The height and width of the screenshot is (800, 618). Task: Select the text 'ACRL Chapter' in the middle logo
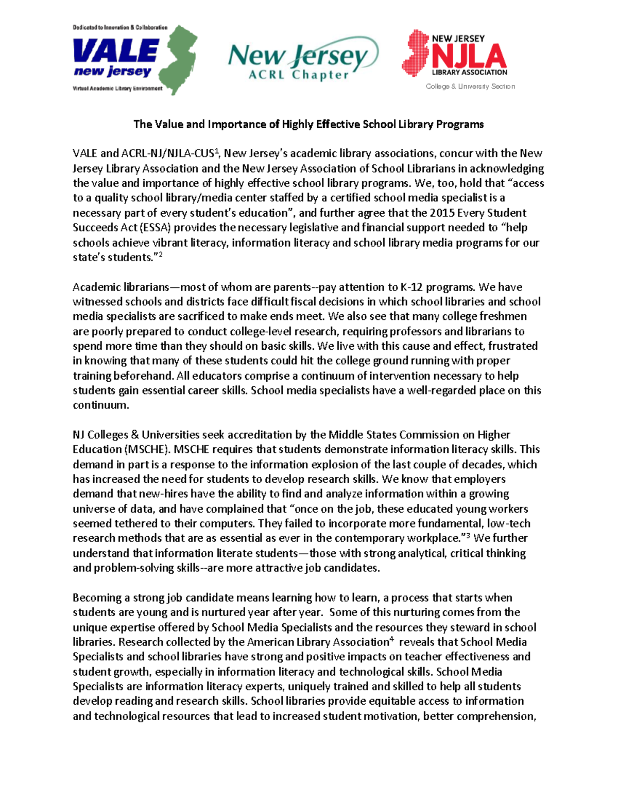coord(299,75)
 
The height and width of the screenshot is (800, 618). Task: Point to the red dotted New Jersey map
coord(416,53)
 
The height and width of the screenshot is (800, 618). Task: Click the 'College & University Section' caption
coord(470,87)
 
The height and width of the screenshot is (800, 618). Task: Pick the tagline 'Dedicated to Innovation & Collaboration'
coord(120,27)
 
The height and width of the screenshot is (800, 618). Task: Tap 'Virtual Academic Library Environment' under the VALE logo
coord(117,89)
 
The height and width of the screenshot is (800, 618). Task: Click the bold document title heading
coord(308,124)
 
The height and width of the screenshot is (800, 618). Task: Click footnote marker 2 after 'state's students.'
coord(160,254)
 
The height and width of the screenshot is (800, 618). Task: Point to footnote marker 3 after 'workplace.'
coord(468,535)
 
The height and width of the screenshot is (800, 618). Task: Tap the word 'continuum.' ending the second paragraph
coord(100,405)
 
